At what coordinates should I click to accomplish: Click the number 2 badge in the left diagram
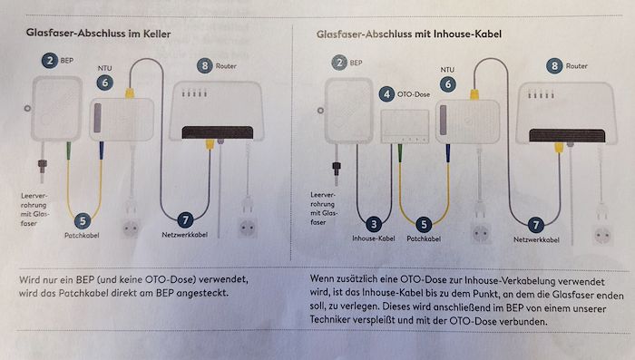pos(50,61)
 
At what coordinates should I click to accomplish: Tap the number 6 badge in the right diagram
pos(448,84)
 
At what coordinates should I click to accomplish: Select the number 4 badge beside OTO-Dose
pos(386,94)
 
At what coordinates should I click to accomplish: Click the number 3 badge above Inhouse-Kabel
pos(374,224)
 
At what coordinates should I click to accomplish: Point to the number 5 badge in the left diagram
pos(83,221)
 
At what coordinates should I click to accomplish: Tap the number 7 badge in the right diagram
pos(536,225)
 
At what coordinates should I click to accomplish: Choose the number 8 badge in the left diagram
pos(205,65)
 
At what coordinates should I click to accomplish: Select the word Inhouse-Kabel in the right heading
pos(467,34)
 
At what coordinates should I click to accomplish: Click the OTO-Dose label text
pos(414,94)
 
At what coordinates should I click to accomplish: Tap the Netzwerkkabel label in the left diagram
pos(185,235)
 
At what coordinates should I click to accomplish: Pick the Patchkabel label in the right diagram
pos(424,238)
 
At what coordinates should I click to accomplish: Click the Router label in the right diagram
pos(576,66)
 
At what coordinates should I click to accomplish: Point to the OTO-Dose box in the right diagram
pos(405,126)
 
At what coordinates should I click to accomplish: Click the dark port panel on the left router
pos(218,132)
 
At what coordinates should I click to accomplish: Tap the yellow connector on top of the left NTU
pos(130,93)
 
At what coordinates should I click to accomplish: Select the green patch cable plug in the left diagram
pos(68,151)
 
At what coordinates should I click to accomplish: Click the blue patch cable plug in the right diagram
pos(448,153)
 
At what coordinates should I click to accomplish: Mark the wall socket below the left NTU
pos(131,228)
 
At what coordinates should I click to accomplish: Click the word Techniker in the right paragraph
pos(330,320)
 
